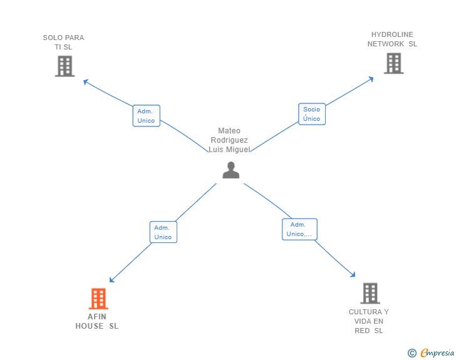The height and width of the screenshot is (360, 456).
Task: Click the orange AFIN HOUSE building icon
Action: click(98, 299)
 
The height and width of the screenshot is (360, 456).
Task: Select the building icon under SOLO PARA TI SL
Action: click(65, 66)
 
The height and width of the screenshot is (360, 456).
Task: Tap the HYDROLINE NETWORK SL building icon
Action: click(394, 63)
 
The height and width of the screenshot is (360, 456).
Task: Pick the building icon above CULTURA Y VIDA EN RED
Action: click(370, 293)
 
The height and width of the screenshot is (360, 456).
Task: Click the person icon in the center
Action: click(231, 170)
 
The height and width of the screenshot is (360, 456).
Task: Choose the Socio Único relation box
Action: click(312, 114)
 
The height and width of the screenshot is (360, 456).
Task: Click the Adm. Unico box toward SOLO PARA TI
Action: click(147, 116)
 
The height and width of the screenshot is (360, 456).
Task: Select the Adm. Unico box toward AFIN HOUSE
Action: click(163, 232)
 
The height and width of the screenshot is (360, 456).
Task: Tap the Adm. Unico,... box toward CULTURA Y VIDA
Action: click(299, 229)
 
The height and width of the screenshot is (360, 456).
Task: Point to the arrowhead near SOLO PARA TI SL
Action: click(85, 82)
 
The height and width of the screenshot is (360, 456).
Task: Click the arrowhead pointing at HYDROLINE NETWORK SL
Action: click(371, 79)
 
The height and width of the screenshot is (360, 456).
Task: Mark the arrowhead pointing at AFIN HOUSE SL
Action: click(111, 280)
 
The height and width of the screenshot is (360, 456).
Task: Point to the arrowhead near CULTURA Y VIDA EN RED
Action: click(353, 274)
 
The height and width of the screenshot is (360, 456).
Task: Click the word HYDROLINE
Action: click(392, 34)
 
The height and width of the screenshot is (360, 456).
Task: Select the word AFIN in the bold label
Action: click(97, 317)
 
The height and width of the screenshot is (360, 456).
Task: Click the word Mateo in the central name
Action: click(229, 131)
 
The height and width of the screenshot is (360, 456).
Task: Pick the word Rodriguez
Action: click(229, 140)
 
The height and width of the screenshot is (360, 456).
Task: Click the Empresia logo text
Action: click(437, 352)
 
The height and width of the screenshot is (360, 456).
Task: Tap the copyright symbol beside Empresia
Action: click(412, 353)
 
